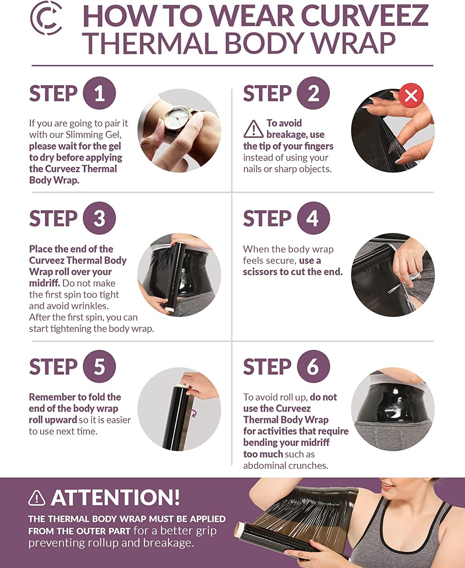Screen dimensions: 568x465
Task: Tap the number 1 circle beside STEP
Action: pyautogui.click(x=99, y=93)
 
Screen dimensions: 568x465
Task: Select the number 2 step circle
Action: pyautogui.click(x=313, y=93)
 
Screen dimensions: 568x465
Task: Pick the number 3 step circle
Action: pyautogui.click(x=99, y=218)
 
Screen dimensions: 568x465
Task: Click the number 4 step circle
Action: pyautogui.click(x=313, y=218)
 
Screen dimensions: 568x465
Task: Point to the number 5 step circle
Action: pyautogui.click(x=99, y=366)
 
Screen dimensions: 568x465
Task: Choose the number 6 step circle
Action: pyautogui.click(x=313, y=366)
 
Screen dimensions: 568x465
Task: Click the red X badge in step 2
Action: pyautogui.click(x=411, y=95)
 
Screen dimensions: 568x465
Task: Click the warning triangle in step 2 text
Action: pyautogui.click(x=253, y=129)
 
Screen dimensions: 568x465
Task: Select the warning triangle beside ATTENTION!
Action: pyautogui.click(x=37, y=498)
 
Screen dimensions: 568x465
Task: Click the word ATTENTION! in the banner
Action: pyautogui.click(x=115, y=497)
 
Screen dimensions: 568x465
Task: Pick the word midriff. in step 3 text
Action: pyautogui.click(x=44, y=283)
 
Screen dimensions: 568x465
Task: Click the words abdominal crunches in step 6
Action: pyautogui.click(x=285, y=465)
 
